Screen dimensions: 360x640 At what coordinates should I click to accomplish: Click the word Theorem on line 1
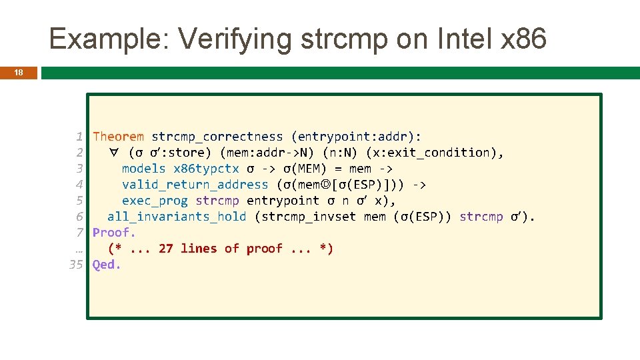point(118,137)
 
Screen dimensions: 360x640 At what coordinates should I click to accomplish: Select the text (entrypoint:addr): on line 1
point(356,137)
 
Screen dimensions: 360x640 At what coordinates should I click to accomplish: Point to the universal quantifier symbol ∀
point(114,153)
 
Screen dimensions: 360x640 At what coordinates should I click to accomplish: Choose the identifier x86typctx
point(206,169)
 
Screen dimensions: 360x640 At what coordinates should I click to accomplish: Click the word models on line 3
point(143,169)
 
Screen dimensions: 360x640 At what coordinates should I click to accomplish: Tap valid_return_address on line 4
point(195,185)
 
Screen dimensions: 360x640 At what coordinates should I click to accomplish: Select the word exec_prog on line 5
point(155,201)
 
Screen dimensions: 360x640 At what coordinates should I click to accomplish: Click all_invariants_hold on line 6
point(177,217)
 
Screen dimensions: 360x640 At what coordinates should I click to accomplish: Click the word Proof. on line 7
point(114,233)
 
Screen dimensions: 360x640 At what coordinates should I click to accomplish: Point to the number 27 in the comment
point(166,249)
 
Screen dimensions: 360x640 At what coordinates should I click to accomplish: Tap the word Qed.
point(107,265)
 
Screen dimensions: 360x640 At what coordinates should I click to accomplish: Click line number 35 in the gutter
point(76,265)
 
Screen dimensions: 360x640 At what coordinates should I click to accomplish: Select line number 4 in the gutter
point(79,185)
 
